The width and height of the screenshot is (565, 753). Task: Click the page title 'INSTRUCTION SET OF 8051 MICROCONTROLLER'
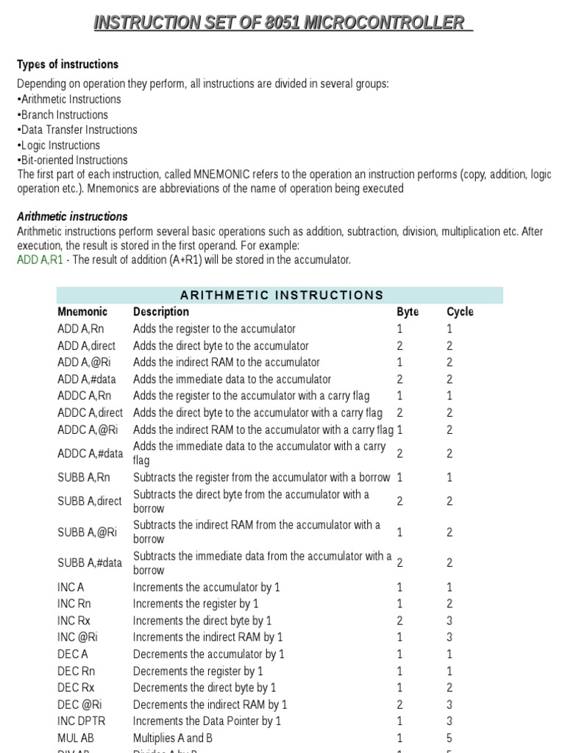282,23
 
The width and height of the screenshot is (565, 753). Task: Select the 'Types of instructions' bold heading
68,65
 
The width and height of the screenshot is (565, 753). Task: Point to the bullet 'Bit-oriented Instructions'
73,160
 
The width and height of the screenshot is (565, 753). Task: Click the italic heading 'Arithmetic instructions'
72,216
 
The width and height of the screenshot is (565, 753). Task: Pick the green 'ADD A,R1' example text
40,260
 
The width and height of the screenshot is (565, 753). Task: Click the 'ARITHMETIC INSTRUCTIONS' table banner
282,296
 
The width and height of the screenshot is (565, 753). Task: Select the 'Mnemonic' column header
82,312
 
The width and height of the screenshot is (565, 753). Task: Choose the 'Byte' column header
408,312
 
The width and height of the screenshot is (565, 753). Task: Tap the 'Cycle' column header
460,312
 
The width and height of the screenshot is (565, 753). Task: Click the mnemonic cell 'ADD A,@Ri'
87,363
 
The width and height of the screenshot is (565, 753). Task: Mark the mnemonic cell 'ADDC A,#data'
90,454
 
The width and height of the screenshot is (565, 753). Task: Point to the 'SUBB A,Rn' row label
84,478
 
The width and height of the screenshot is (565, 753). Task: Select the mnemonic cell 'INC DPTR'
80,721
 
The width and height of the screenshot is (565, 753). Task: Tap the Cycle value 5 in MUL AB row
449,738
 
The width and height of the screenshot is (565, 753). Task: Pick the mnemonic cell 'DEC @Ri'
77,704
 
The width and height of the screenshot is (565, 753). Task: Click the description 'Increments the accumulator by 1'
206,588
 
